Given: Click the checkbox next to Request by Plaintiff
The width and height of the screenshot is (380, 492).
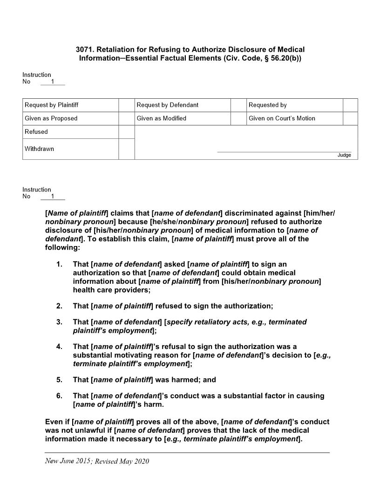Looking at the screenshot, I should (127, 105).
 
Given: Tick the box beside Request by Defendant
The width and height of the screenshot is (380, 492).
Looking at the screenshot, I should (238, 105).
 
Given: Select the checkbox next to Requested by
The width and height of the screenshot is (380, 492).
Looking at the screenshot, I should (350, 105).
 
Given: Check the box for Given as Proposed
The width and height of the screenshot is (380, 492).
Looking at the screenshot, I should (127, 118).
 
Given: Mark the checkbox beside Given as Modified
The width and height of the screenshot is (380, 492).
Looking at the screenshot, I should (238, 118).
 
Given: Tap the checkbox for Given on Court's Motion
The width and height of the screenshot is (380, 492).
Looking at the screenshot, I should (350, 118).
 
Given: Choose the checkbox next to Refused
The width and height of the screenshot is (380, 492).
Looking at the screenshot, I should (127, 132).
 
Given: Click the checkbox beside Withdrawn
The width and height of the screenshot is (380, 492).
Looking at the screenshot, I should (127, 149).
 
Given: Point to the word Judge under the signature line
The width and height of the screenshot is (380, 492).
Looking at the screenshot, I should (344, 155).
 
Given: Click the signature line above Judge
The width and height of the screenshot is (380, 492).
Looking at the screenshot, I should (284, 151).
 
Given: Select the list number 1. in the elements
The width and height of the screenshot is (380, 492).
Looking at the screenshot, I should (59, 265).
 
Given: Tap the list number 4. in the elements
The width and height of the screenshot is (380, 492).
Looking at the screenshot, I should (59, 347).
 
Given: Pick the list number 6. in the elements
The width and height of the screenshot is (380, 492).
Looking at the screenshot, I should (59, 396).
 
